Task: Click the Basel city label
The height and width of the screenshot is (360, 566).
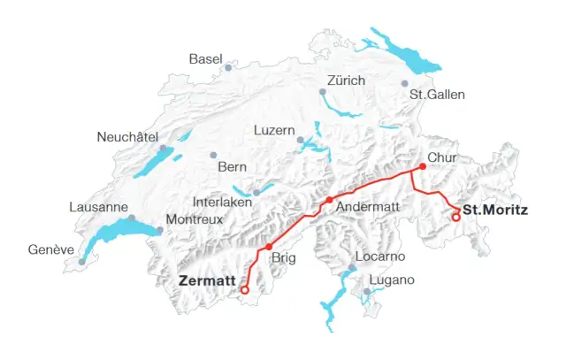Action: (205, 59)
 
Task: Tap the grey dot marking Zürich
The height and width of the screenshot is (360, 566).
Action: (322, 90)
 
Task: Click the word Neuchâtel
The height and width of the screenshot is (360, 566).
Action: (127, 137)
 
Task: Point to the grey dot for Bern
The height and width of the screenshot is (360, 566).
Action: (213, 155)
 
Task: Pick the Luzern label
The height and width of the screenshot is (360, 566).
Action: (273, 130)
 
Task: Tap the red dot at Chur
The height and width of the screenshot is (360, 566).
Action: (423, 166)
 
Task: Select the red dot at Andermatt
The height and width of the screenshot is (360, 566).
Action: (329, 201)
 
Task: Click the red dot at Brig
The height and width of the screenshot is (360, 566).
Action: (269, 247)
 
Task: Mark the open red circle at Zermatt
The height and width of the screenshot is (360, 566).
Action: (245, 289)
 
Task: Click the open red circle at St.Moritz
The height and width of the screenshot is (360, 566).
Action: (455, 218)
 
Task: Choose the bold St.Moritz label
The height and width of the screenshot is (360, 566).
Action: (495, 211)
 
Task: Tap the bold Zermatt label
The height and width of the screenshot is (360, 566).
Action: (207, 280)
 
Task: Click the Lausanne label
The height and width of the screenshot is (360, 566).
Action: (98, 207)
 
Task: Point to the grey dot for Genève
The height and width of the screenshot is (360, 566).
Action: (81, 261)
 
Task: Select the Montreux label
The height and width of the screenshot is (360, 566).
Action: (195, 218)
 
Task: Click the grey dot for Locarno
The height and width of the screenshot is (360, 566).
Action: (351, 267)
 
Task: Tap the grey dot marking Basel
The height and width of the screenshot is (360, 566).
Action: (228, 67)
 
